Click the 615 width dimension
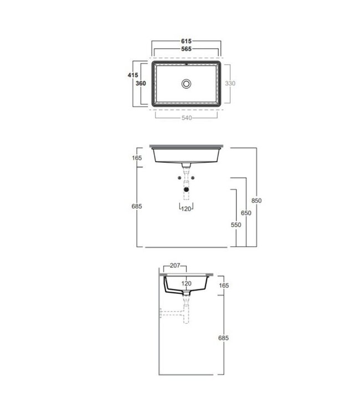click(x=187, y=41)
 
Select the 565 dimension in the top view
click(x=187, y=49)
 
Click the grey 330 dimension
click(x=230, y=84)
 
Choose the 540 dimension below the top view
click(x=187, y=118)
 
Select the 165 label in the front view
click(x=137, y=158)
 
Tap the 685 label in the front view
click(x=137, y=206)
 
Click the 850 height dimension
click(x=256, y=200)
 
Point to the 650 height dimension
click(x=246, y=213)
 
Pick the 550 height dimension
click(x=236, y=225)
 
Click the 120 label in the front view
click(x=187, y=209)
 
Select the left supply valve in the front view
click(x=179, y=178)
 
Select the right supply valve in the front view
click(x=194, y=178)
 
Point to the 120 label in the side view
click(x=187, y=283)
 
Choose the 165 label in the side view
click(x=224, y=286)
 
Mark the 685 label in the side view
click(x=224, y=338)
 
